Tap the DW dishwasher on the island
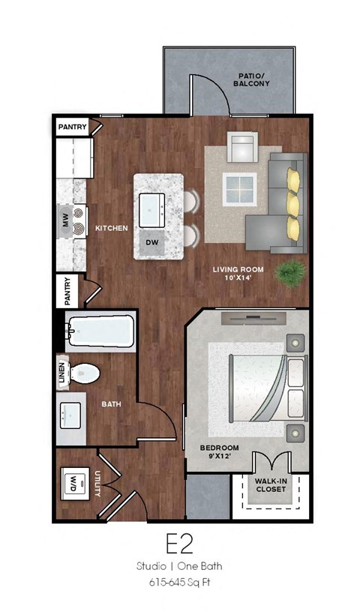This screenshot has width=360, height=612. [x=152, y=243]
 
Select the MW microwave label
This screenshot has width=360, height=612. [x=64, y=220]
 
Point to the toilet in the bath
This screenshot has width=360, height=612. [x=84, y=372]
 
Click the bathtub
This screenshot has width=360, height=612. [x=100, y=330]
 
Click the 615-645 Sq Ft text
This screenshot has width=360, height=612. [x=181, y=581]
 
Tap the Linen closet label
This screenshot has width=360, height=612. [x=61, y=376]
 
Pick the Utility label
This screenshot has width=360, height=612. [x=98, y=484]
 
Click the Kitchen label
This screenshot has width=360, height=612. [x=112, y=228]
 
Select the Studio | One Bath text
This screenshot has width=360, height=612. [x=181, y=565]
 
